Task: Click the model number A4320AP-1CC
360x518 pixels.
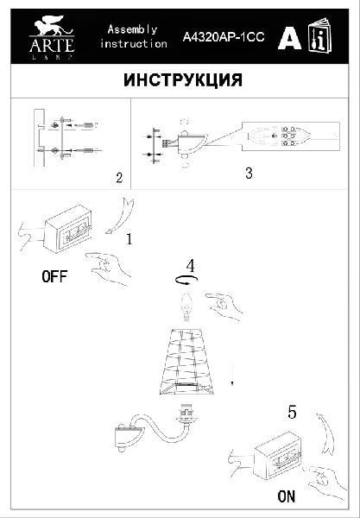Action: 224,37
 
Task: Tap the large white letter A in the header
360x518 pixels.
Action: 289,37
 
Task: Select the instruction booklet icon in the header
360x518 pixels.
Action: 320,35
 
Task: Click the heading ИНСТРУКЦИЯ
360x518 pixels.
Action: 183,80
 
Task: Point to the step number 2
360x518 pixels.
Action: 119,178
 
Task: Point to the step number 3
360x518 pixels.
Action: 249,174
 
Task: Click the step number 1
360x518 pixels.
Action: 129,239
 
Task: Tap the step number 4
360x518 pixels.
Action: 190,266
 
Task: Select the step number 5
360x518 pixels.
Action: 292,413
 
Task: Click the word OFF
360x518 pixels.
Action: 55,276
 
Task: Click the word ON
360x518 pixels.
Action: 287,496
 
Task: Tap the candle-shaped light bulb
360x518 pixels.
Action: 187,307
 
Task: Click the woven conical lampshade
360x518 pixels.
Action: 187,362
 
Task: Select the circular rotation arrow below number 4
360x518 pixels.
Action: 186,281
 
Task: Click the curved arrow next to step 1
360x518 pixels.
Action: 121,215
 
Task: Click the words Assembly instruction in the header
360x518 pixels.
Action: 134,36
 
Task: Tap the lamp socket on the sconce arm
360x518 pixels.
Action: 187,413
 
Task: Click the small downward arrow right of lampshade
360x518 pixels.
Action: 232,374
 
